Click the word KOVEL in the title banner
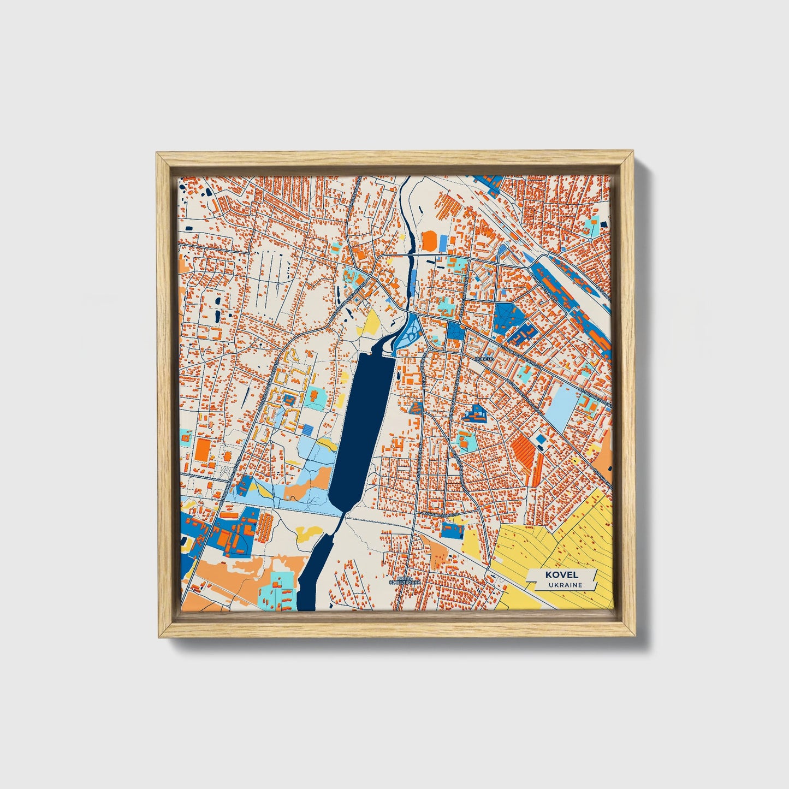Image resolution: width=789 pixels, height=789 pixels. coord(561,574)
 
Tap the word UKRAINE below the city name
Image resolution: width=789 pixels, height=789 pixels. coord(566,585)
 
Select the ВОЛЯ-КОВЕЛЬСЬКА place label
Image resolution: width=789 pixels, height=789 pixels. coord(405,580)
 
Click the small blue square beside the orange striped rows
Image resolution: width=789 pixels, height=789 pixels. coord(541,439)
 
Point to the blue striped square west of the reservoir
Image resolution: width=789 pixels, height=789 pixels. coord(309,430)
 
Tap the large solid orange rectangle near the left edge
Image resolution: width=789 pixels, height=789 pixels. coord(202,449)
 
